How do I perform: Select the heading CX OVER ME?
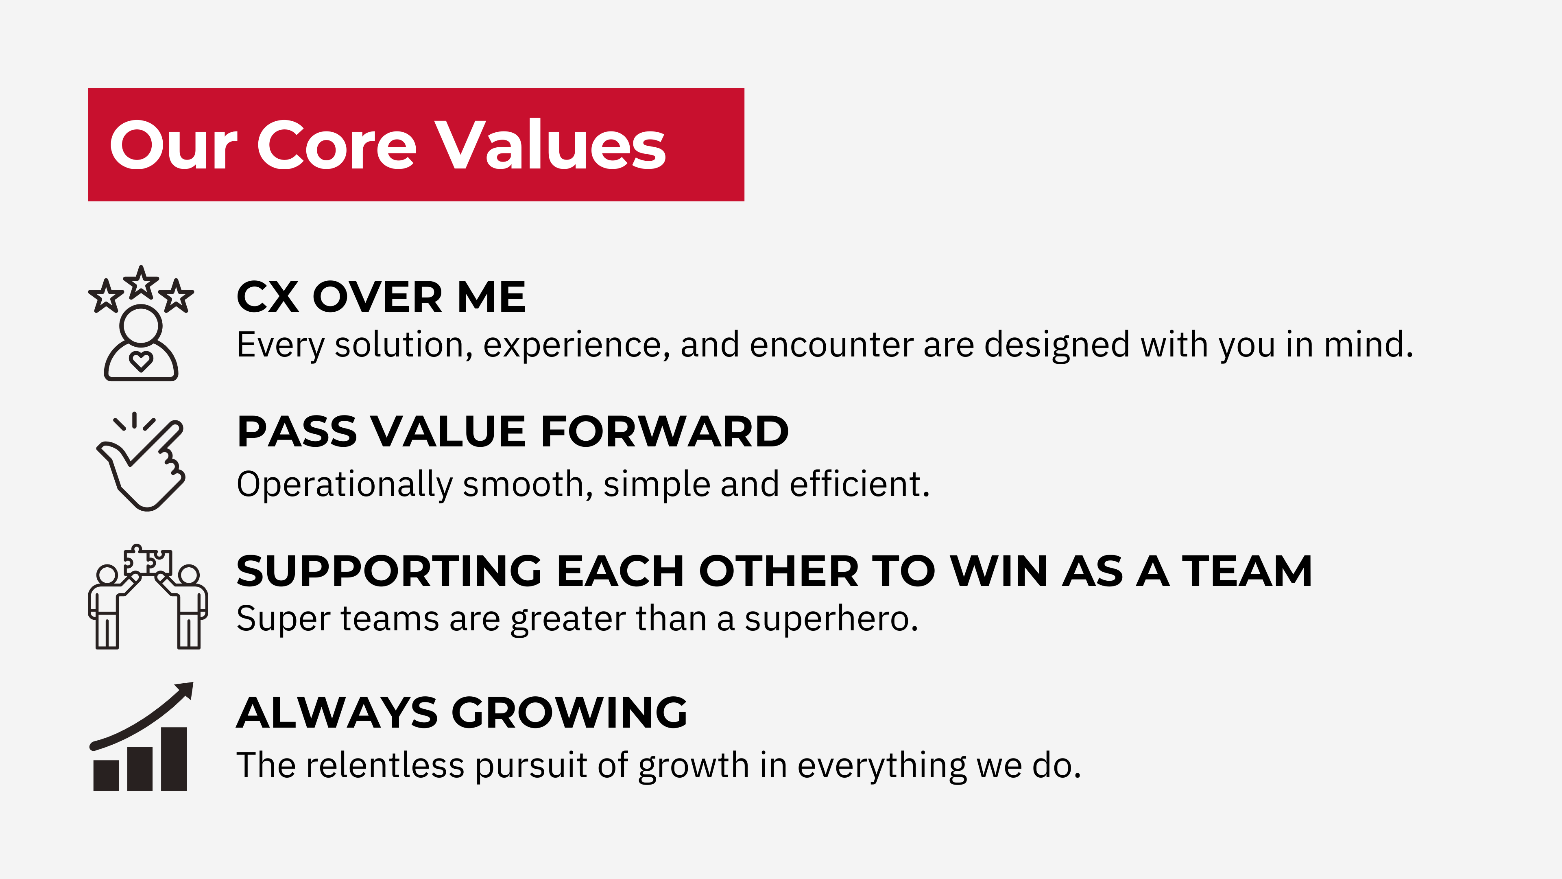click(381, 297)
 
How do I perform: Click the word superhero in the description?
click(831, 620)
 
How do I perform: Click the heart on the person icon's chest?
click(141, 361)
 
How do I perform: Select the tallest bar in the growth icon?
click(174, 759)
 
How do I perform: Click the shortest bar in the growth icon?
click(106, 775)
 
